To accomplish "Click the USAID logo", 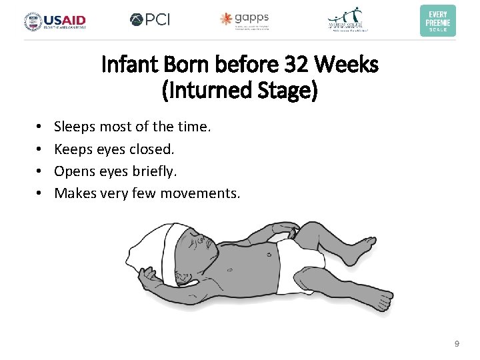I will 55,20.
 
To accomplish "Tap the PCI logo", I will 150,19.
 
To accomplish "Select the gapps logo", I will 245,20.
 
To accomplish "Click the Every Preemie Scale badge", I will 437,20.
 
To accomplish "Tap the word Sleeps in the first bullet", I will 74,126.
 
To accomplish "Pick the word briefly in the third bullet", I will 155,171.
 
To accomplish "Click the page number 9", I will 456,343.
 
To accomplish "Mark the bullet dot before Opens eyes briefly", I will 39,171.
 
